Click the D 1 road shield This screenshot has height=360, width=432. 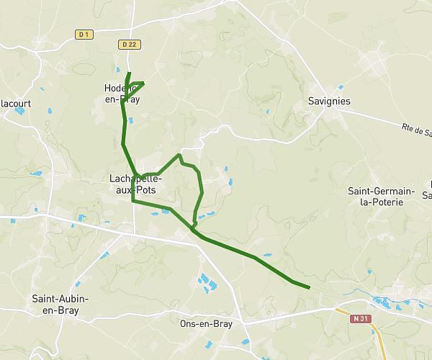click(x=84, y=34)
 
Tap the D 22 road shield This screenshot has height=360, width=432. click(x=129, y=45)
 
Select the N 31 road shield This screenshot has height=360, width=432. click(x=360, y=318)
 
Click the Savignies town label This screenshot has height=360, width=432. click(x=328, y=102)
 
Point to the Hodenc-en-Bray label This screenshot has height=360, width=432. click(x=122, y=94)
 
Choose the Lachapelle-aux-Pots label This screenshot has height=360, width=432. click(x=136, y=184)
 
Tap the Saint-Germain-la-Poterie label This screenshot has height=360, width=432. click(x=381, y=197)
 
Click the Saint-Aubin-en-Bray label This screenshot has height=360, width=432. click(x=55, y=304)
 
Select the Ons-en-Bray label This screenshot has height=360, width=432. click(x=206, y=324)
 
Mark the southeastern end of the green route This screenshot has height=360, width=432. click(x=309, y=287)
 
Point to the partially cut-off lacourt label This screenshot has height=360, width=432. click(x=15, y=104)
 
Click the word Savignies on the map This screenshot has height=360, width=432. click(x=328, y=102)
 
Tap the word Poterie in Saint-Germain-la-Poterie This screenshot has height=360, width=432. click(x=381, y=202)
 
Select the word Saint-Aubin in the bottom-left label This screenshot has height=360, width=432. click(x=55, y=298)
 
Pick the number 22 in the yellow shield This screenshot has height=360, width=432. click(x=132, y=45)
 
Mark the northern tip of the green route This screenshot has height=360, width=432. click(x=129, y=73)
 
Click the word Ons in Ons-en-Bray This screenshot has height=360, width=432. click(x=189, y=324)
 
